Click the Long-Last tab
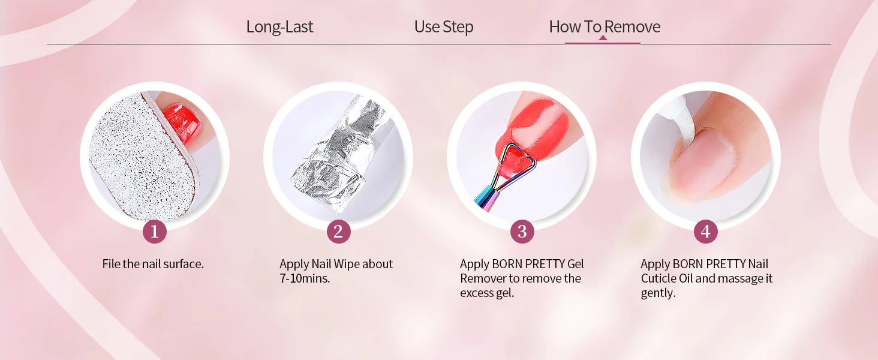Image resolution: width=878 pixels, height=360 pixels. tap(279, 26)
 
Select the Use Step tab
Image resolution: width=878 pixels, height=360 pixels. tap(444, 26)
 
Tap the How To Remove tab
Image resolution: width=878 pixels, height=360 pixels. tap(605, 26)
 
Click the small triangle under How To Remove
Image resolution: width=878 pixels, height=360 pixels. tap(603, 38)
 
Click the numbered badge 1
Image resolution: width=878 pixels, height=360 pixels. tap(155, 232)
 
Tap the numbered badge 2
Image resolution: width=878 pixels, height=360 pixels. tap(338, 232)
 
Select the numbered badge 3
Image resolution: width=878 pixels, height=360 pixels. tap(522, 232)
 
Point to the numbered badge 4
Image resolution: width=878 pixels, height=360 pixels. tap(705, 232)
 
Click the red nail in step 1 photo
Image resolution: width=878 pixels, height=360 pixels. tap(182, 122)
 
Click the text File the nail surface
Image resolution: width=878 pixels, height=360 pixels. tap(153, 264)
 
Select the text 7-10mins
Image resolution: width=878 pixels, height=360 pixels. tap(305, 278)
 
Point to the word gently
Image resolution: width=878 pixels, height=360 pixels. tap(658, 293)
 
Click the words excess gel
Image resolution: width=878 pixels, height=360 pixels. tap(487, 293)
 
